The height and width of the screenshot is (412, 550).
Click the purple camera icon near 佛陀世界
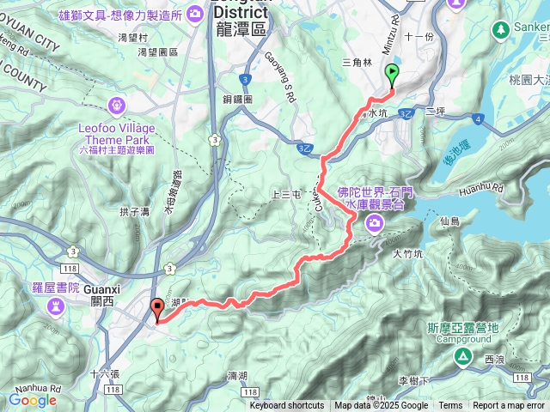click(x=375, y=224)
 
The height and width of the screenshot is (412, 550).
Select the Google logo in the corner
click(x=32, y=399)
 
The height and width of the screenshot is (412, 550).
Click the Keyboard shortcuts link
click(x=287, y=406)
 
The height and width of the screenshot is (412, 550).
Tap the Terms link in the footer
click(x=450, y=406)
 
